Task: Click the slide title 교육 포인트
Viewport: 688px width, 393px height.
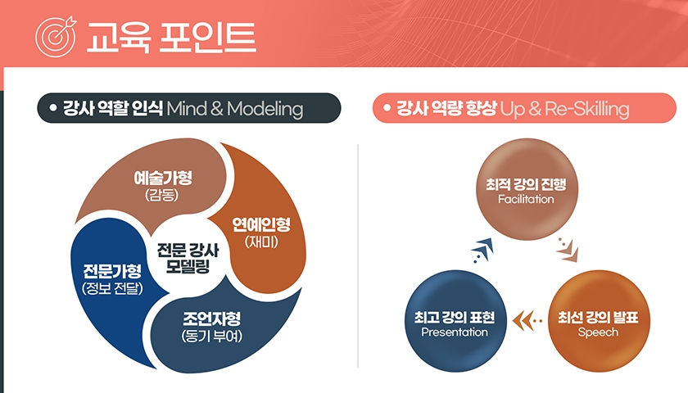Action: point(171,37)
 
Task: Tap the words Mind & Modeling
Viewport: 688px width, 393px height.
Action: point(235,108)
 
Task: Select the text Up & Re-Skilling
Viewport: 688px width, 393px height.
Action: point(564,108)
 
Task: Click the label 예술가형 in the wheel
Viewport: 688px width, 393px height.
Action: point(163,178)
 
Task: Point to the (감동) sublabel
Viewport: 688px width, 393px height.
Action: point(162,194)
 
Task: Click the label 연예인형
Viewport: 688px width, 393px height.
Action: point(261,224)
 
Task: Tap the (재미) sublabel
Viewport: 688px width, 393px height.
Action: point(261,242)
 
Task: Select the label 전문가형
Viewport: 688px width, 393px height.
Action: point(112,271)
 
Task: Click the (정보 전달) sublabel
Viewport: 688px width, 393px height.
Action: point(112,288)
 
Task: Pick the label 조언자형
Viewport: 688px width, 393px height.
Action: point(212,318)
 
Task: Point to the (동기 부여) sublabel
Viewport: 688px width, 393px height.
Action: point(212,336)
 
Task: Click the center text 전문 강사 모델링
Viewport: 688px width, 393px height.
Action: point(188,258)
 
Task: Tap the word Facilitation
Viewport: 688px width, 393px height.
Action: point(526,199)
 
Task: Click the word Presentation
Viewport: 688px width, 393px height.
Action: point(455,332)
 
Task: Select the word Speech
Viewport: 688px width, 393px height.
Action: point(598,332)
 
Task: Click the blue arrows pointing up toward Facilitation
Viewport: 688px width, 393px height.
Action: point(482,251)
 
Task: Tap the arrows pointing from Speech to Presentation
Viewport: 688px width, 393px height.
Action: point(527,321)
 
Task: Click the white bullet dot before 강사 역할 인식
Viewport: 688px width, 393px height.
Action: point(53,107)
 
